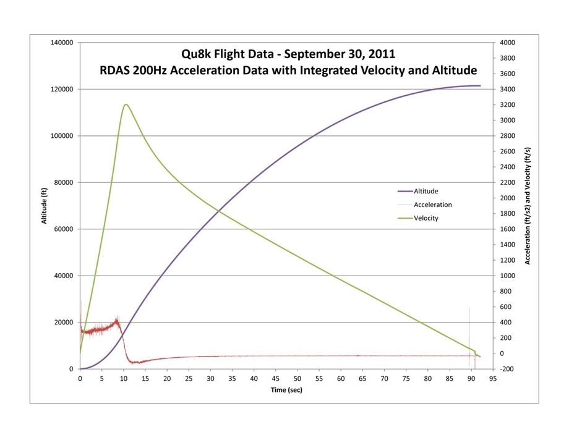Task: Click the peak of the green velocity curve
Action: (x=126, y=104)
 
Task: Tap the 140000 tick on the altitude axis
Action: (x=62, y=43)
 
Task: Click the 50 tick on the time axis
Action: (x=297, y=378)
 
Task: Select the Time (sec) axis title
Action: (x=286, y=390)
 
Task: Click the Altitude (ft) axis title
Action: (x=45, y=206)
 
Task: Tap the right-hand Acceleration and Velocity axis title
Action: (x=528, y=206)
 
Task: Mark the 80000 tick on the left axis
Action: (x=64, y=182)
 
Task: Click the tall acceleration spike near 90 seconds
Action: (x=469, y=321)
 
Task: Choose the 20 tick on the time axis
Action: (x=167, y=378)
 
